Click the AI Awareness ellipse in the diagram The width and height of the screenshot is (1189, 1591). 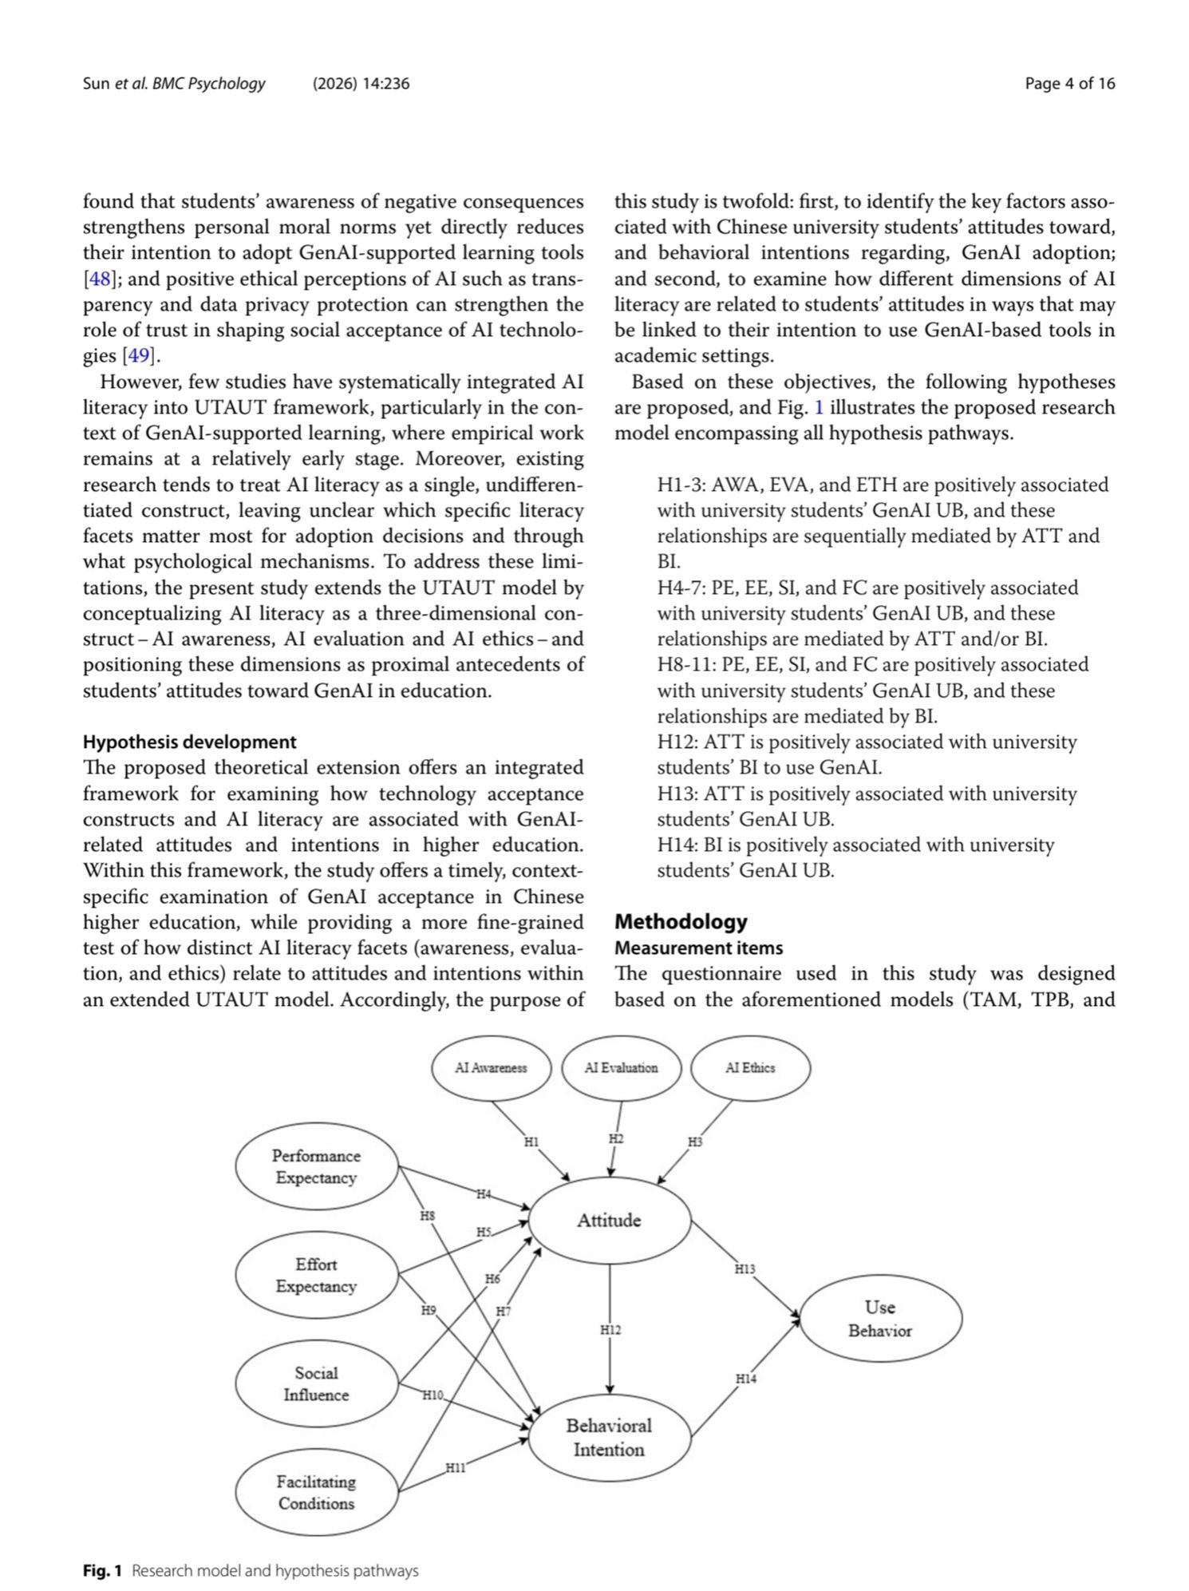pos(491,1067)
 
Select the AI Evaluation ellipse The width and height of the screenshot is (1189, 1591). pos(621,1067)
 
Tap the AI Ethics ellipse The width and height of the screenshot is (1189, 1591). pos(750,1067)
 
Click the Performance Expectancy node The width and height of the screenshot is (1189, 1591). pos(316,1166)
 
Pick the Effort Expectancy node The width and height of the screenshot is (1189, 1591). pos(316,1275)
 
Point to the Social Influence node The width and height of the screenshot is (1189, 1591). pos(316,1383)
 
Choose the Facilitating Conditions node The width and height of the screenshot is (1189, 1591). pos(316,1492)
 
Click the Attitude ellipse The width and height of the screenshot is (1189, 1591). pos(610,1220)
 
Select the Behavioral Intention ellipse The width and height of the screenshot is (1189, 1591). pos(610,1437)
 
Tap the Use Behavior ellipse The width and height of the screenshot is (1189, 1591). pos(880,1318)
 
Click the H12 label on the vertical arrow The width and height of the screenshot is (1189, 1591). pos(610,1330)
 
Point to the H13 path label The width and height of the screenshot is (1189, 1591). pos(745,1268)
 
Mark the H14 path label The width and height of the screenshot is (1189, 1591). pos(746,1379)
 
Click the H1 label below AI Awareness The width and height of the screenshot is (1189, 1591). pos(531,1142)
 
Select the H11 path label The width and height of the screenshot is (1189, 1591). pos(456,1467)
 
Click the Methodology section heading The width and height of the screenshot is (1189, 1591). pos(681,921)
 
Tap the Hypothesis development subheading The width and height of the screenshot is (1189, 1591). pos(189,742)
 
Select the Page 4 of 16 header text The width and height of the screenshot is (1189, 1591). pos(1069,83)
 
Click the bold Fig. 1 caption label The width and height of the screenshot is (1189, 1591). pos(102,1571)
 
